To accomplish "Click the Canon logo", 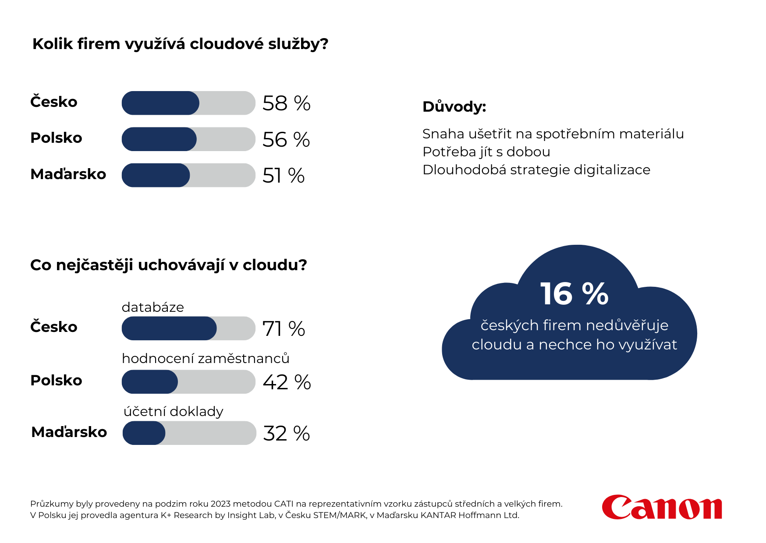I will pyautogui.click(x=662, y=507).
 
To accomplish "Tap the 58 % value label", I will pyautogui.click(x=286, y=103).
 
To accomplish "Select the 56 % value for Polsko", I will pyautogui.click(x=286, y=140).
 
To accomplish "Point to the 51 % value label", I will pyautogui.click(x=283, y=176).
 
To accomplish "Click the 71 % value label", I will pyautogui.click(x=284, y=329).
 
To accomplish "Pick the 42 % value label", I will pyautogui.click(x=287, y=382).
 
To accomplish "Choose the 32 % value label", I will pyautogui.click(x=286, y=434).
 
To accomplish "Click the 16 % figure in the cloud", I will pyautogui.click(x=574, y=293).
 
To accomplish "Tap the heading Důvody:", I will pyautogui.click(x=454, y=106).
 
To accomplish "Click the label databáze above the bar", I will pyautogui.click(x=152, y=307).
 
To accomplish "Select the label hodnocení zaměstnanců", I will pyautogui.click(x=206, y=358).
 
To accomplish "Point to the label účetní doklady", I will pyautogui.click(x=174, y=411).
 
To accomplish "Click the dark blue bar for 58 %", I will pyautogui.click(x=160, y=103).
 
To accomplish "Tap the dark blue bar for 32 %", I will pyautogui.click(x=144, y=433).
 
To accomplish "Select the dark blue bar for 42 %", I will pyautogui.click(x=150, y=382).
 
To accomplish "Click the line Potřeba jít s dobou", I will pyautogui.click(x=486, y=152).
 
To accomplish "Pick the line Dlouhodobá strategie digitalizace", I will pyautogui.click(x=536, y=169).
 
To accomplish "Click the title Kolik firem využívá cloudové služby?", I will pyautogui.click(x=180, y=44).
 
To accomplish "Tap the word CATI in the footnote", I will pyautogui.click(x=284, y=504).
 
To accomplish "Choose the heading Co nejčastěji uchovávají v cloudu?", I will pyautogui.click(x=168, y=265).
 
